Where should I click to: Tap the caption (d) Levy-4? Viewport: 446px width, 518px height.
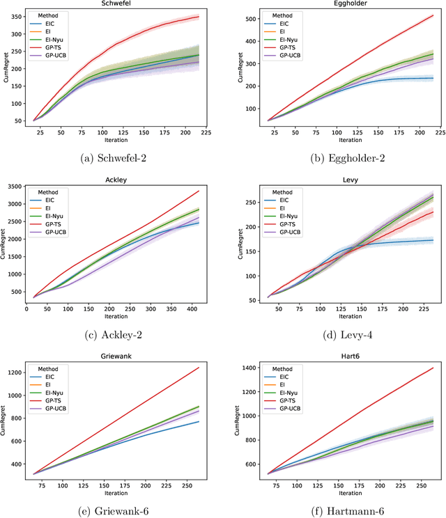341,334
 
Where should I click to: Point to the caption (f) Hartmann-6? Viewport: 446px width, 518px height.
341,510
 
